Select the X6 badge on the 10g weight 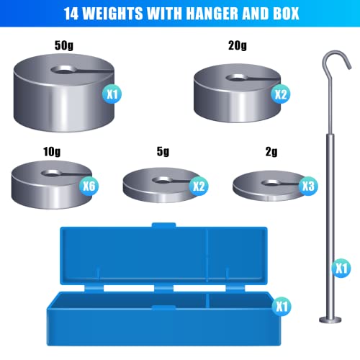[x=89, y=186]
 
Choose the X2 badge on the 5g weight [x=199, y=186]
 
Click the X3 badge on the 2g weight [x=307, y=186]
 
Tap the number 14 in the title [x=71, y=14]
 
